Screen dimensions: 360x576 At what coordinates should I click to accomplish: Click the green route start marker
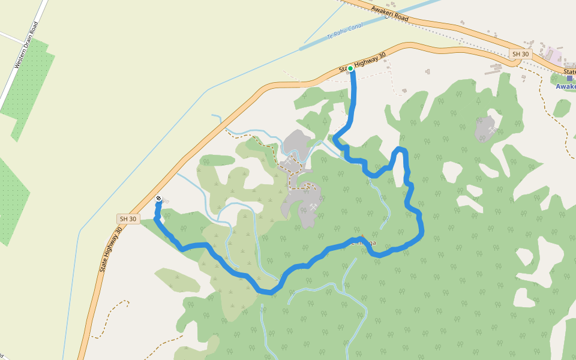click(x=350, y=68)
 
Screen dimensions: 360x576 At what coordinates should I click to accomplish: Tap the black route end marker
click(x=158, y=199)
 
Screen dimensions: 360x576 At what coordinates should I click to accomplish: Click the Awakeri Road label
click(x=389, y=13)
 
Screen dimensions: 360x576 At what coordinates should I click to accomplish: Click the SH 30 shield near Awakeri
click(x=520, y=54)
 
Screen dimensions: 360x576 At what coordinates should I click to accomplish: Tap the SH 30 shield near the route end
click(x=128, y=219)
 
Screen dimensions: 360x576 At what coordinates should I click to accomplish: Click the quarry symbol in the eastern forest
click(x=492, y=130)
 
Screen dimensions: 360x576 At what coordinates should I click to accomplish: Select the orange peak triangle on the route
click(x=362, y=236)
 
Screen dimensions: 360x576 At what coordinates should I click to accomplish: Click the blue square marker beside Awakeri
click(x=569, y=78)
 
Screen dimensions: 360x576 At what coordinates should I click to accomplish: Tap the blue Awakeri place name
click(x=566, y=86)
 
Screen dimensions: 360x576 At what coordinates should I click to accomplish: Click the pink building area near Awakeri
click(x=554, y=55)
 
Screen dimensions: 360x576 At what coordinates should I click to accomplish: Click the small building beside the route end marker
click(x=166, y=202)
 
